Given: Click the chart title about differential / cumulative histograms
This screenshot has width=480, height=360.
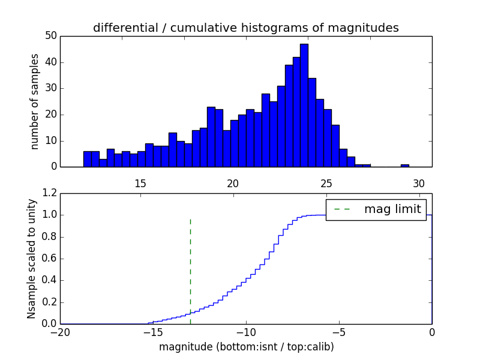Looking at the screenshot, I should (245, 28).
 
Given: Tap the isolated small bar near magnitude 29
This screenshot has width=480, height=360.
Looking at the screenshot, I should (405, 165).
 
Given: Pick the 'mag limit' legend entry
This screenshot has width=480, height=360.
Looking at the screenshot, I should (392, 209).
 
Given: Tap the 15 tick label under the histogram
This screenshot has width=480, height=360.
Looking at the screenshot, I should (140, 184).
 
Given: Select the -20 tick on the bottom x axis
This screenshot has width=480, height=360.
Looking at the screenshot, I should (60, 332).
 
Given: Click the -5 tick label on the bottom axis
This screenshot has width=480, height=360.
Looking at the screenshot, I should (339, 332).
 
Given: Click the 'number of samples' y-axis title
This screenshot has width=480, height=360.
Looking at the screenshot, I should (35, 101).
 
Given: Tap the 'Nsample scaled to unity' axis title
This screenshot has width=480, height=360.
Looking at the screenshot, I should (31, 259).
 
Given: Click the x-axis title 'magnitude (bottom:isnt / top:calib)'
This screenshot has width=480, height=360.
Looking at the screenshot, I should (246, 347).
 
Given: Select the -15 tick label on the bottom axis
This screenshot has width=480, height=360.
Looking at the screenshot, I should (153, 332).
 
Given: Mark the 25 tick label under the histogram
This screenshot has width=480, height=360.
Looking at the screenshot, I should (326, 184).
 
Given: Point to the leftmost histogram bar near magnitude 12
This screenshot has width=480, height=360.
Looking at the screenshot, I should (87, 159).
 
